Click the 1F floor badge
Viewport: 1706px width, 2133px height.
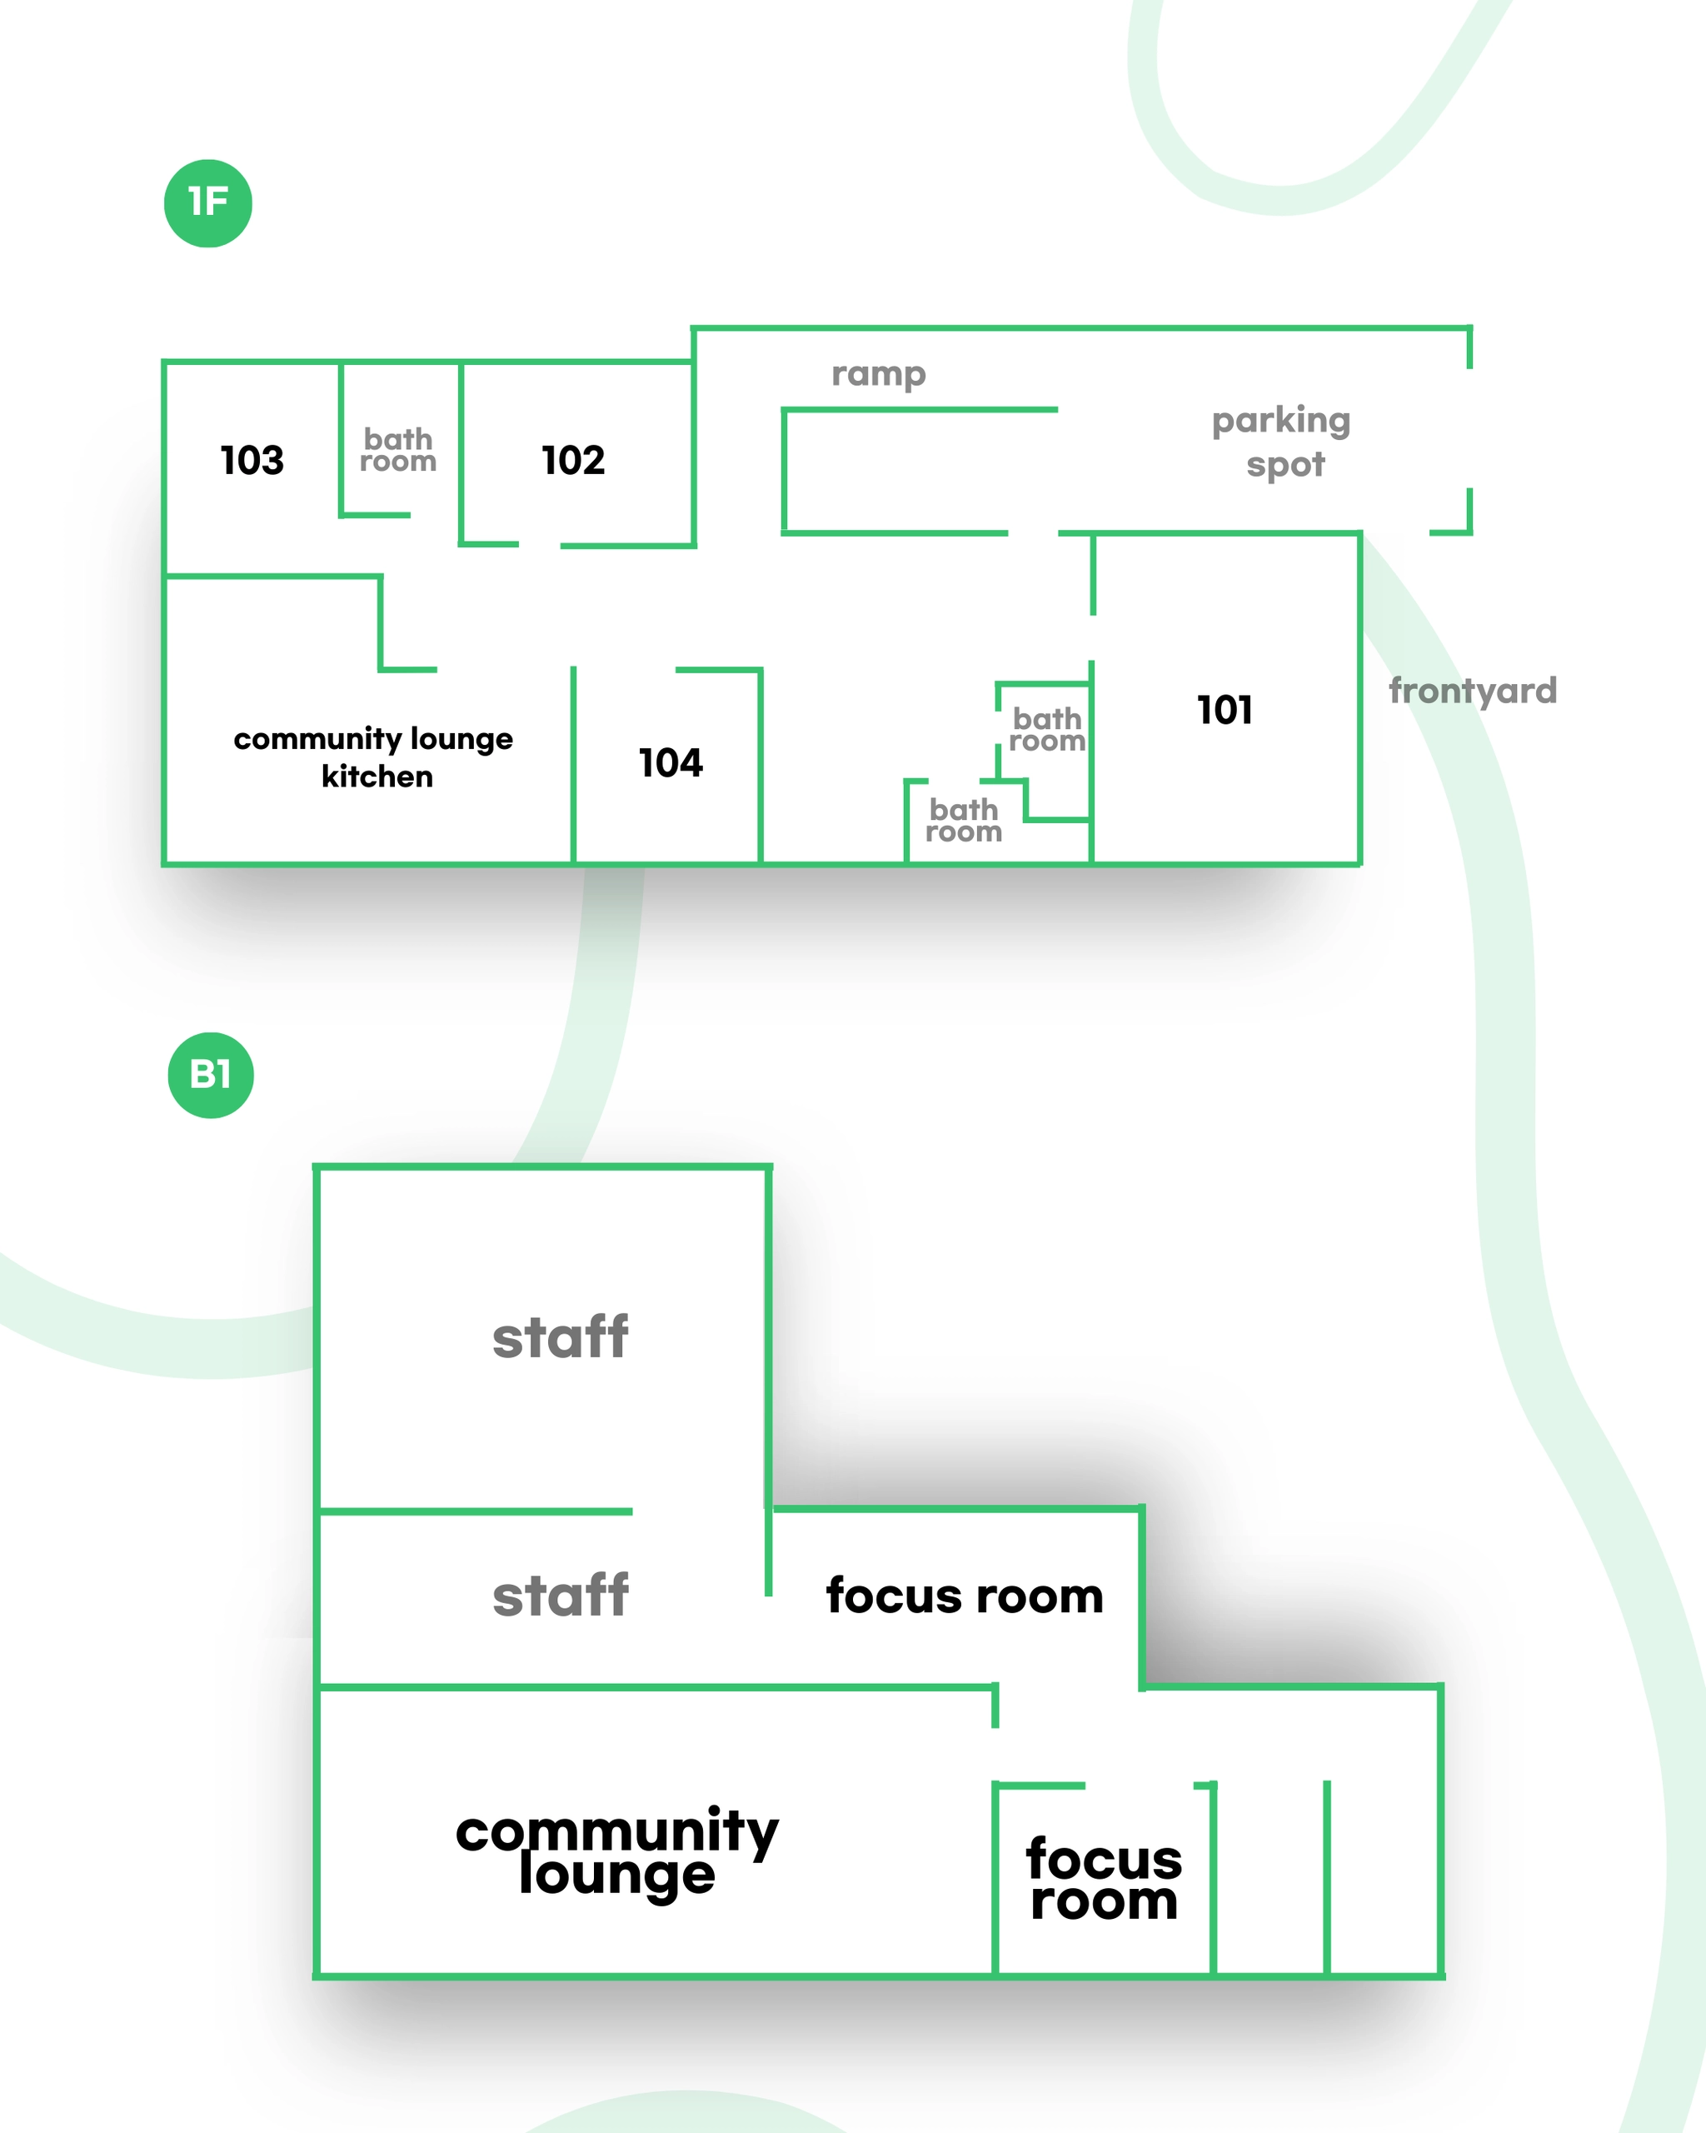pyautogui.click(x=207, y=202)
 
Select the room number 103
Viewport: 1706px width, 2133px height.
pyautogui.click(x=252, y=460)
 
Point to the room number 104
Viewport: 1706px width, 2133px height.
pyautogui.click(x=671, y=762)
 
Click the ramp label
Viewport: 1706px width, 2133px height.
pyautogui.click(x=878, y=374)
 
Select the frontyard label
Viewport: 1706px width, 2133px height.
pyautogui.click(x=1473, y=691)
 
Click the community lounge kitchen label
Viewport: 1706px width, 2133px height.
pyautogui.click(x=374, y=757)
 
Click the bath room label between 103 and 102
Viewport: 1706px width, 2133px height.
pyautogui.click(x=397, y=450)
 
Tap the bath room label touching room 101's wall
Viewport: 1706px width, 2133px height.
pyautogui.click(x=1046, y=730)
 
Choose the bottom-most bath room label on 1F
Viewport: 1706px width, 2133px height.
pyautogui.click(x=963, y=822)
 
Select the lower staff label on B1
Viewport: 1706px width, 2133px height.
pyautogui.click(x=560, y=1596)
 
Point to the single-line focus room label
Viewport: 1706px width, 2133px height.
pyautogui.click(x=965, y=1596)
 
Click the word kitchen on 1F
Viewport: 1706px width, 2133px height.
pyautogui.click(x=377, y=777)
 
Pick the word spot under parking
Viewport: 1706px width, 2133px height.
pyautogui.click(x=1285, y=464)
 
